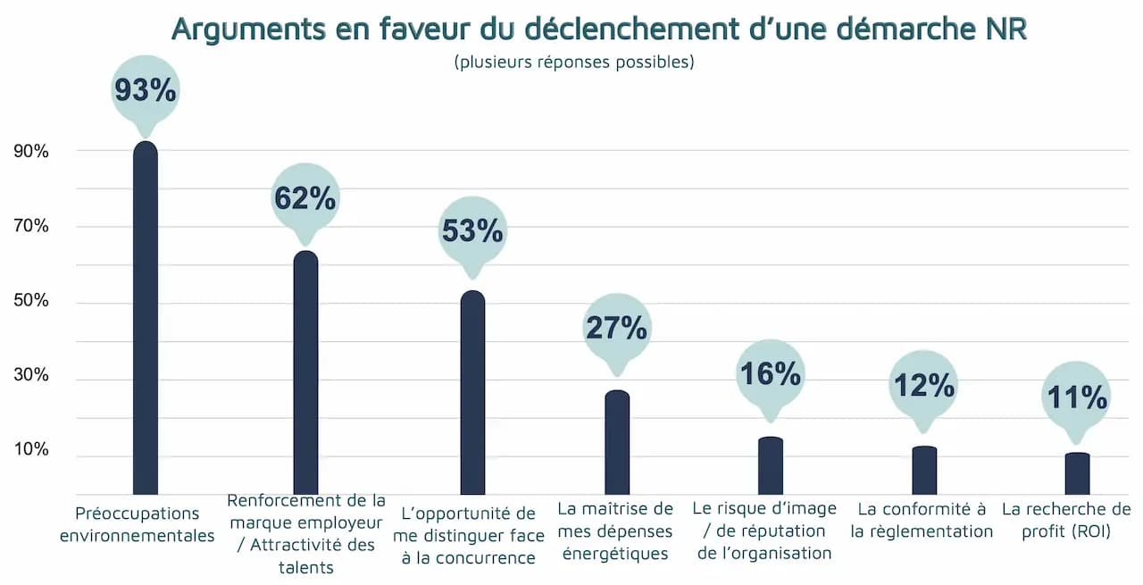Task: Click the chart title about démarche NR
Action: point(598,29)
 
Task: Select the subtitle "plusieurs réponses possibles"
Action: point(573,63)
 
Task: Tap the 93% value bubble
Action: point(145,90)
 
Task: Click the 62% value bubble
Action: point(305,198)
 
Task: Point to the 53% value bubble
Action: point(472,230)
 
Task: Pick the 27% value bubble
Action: point(616,328)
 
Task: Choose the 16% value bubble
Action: point(770,373)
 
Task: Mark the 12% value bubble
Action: point(923,385)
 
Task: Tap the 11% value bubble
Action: point(1077,397)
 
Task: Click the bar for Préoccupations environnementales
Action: point(145,322)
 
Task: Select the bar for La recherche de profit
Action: point(1077,474)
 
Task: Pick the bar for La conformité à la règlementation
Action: point(924,471)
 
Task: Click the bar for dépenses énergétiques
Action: point(617,443)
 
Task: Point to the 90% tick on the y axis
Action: point(31,152)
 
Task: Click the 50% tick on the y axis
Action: point(31,301)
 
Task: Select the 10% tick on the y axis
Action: point(31,449)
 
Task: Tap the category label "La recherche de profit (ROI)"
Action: point(1066,520)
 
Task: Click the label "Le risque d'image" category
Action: point(764,531)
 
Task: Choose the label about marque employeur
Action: point(306,533)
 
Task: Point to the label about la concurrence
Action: point(468,536)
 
